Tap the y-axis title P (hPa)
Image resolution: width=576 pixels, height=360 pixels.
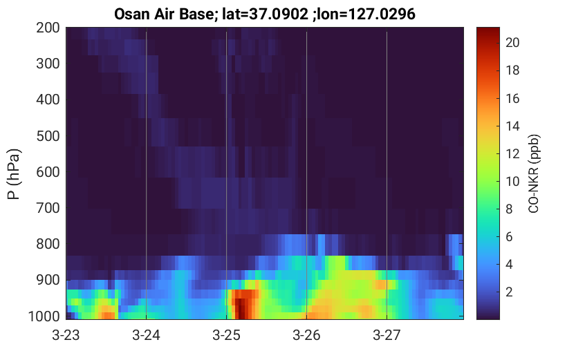(x=14, y=174)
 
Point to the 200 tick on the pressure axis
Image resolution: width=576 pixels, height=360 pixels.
(x=48, y=28)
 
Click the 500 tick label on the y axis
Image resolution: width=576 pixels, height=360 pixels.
(x=48, y=136)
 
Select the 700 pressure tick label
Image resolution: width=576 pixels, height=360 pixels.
(x=48, y=208)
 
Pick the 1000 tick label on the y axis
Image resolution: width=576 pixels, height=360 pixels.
(x=44, y=316)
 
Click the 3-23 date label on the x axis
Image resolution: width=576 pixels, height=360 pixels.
(x=66, y=335)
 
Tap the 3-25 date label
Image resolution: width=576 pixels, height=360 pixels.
(x=227, y=335)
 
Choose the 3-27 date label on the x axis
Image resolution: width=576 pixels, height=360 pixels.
(x=387, y=335)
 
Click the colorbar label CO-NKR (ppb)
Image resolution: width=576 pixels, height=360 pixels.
(x=533, y=173)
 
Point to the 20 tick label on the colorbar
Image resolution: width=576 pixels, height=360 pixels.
(x=512, y=43)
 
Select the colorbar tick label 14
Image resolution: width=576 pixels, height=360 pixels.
(x=512, y=126)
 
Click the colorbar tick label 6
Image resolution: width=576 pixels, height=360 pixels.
(x=509, y=237)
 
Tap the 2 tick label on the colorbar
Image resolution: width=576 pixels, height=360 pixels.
(x=509, y=292)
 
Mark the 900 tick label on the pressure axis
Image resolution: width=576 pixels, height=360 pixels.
(x=48, y=280)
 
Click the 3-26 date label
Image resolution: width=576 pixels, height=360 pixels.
(x=307, y=335)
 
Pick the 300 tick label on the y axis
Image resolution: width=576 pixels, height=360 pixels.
(x=48, y=64)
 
